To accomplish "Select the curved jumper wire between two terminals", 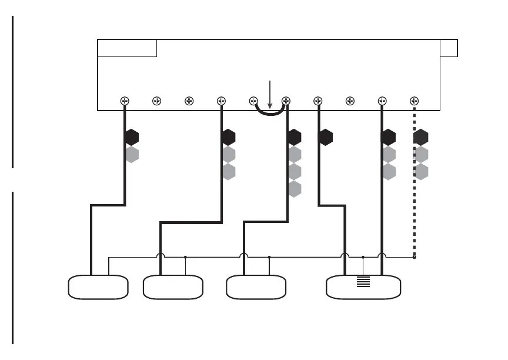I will (270, 114).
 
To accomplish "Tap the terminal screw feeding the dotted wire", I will (414, 101).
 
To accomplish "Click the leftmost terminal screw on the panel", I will (125, 101).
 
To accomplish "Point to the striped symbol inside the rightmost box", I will (364, 281).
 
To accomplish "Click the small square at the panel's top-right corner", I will (449, 48).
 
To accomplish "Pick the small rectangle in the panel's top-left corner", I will (127, 48).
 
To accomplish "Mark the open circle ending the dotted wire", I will (414, 257).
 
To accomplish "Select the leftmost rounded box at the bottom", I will (98, 287).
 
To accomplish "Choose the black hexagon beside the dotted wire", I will (421, 138).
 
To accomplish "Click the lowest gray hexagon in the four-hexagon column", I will (295, 189).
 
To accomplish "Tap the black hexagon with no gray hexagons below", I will (326, 138).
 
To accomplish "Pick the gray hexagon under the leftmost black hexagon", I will (132, 155).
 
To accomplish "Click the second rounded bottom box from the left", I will (173, 287).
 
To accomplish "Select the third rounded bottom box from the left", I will (256, 287).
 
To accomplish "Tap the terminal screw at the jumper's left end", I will (254, 101).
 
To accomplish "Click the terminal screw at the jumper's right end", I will (286, 101).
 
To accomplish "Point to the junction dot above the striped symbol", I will (363, 257).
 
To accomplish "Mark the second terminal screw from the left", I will (156, 101).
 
